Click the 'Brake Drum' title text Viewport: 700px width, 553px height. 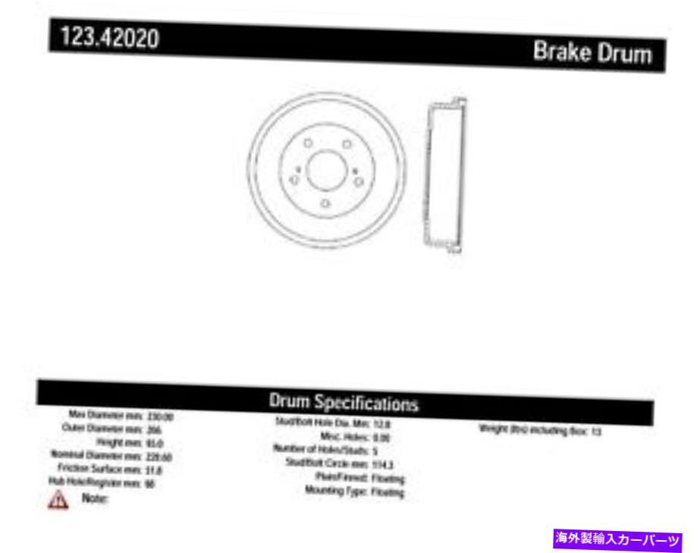pyautogui.click(x=592, y=53)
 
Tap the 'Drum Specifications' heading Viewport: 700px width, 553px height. pyautogui.click(x=344, y=403)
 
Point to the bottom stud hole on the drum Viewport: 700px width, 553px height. pyautogui.click(x=325, y=203)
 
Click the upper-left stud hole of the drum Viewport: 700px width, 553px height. pyautogui.click(x=307, y=143)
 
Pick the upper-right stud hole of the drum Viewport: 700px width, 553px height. pyautogui.click(x=346, y=144)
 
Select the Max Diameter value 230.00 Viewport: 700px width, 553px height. pyautogui.click(x=161, y=416)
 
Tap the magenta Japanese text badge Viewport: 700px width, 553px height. pyautogui.click(x=619, y=539)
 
